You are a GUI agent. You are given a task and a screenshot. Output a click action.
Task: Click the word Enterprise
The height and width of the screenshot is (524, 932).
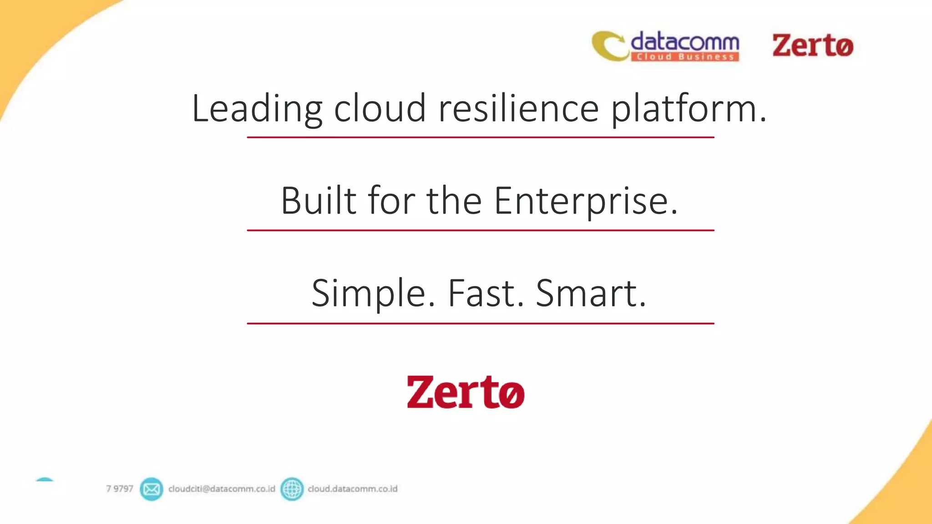[x=586, y=201]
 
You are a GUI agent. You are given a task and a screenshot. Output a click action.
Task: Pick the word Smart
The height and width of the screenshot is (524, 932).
[x=591, y=293]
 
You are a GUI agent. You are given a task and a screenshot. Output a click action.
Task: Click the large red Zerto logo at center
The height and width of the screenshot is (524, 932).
[x=466, y=392]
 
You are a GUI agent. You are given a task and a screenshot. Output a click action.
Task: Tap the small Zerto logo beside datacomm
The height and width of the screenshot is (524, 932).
[x=813, y=45]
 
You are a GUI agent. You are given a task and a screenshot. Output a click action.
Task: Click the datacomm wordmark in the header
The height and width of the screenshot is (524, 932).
[x=684, y=42]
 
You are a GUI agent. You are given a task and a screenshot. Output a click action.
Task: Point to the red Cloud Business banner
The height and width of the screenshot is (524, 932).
[x=684, y=57]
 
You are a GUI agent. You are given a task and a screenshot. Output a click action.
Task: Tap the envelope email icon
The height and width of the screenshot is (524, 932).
[x=151, y=489]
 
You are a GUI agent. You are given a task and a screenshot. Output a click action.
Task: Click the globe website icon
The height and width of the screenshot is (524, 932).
[x=292, y=489]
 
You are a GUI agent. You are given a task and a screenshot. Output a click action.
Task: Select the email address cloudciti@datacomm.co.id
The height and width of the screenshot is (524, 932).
[x=222, y=489]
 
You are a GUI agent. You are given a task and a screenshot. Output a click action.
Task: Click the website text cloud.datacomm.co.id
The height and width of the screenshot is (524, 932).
[x=352, y=489]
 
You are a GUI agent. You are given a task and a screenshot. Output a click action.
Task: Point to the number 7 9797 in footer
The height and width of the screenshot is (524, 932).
[x=119, y=489]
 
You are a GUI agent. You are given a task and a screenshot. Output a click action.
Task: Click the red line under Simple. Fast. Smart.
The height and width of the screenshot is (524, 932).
[x=481, y=323]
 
